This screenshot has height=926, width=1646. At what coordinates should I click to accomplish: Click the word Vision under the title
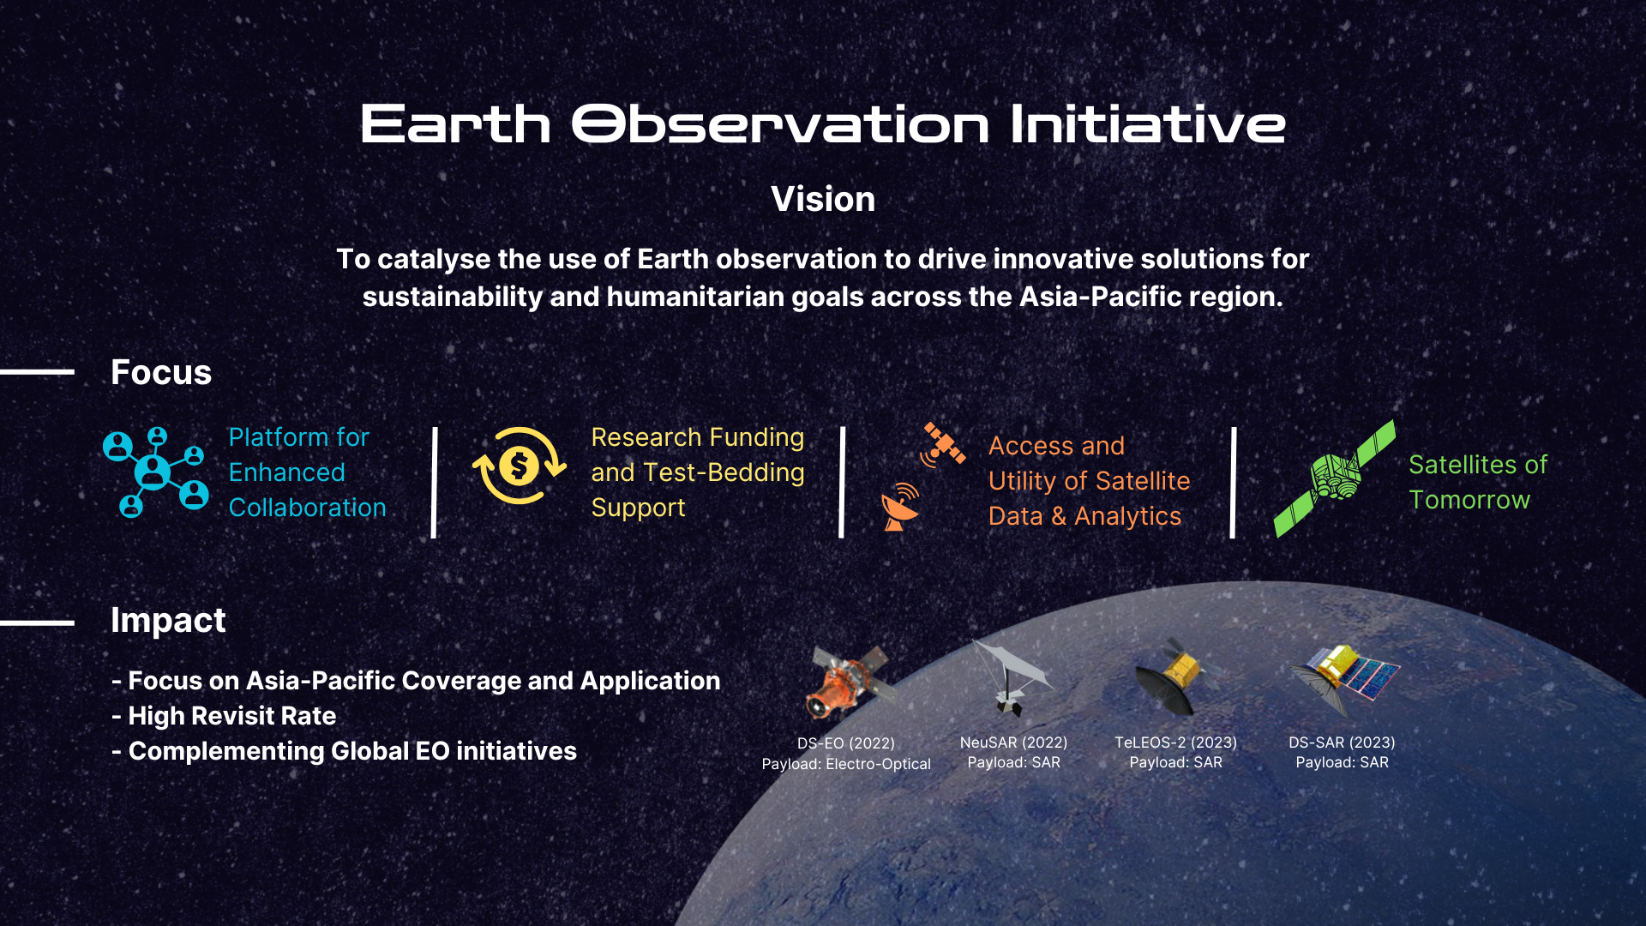(822, 200)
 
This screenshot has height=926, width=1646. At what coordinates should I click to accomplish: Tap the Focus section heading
(161, 373)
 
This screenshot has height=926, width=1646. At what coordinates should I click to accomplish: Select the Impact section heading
(168, 621)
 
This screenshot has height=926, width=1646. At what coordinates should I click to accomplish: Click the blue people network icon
(155, 472)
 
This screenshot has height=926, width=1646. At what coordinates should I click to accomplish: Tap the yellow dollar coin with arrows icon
(519, 466)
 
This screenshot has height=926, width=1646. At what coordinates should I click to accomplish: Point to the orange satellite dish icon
(900, 508)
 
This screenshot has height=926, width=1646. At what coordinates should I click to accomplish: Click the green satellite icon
(1334, 478)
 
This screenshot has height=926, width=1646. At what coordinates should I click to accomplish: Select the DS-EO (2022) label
(845, 743)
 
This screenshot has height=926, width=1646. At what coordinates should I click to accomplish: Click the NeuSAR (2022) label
(1013, 743)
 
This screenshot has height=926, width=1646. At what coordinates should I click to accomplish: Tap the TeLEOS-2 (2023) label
(1175, 743)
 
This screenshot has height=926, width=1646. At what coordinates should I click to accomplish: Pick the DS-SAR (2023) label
(1342, 743)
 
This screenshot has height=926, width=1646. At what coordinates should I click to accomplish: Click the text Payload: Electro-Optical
(845, 764)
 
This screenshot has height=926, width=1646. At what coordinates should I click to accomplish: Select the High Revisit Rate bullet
(231, 716)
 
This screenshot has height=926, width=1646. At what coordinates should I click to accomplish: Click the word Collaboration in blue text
(307, 508)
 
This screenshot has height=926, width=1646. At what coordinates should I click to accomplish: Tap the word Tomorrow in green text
(1469, 500)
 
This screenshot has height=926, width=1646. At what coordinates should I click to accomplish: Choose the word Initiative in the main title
(1147, 125)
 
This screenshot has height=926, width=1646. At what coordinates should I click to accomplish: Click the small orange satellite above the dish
(943, 443)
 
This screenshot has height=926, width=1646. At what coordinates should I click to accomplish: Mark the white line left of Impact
(38, 622)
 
